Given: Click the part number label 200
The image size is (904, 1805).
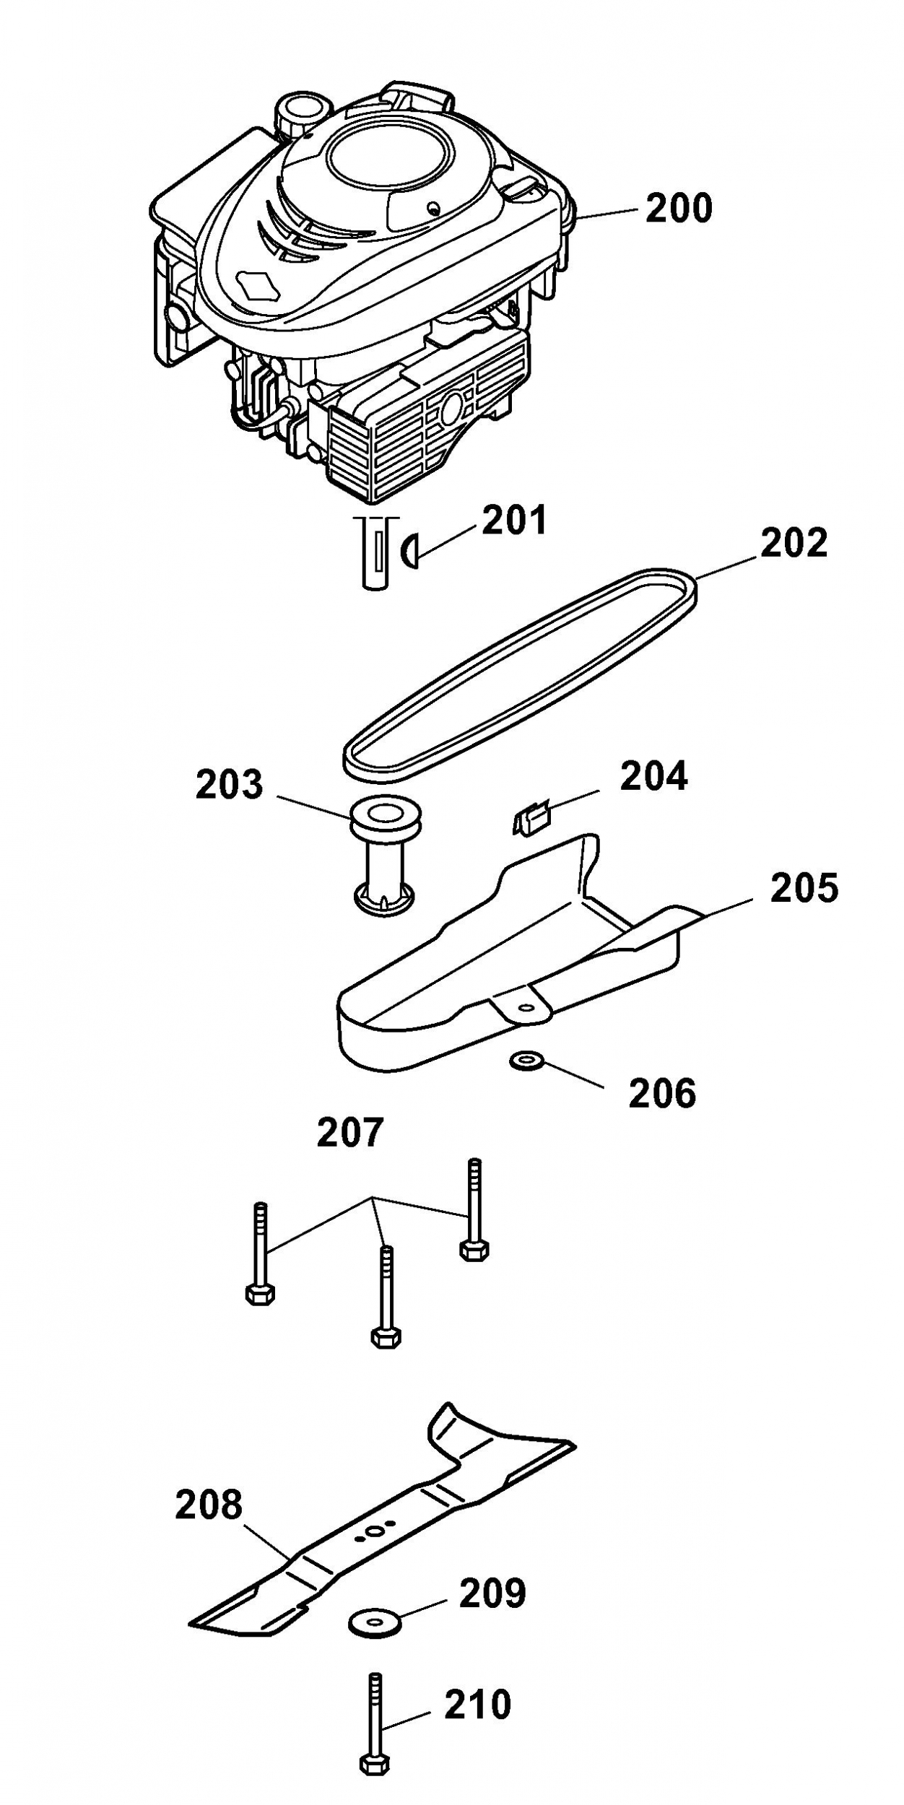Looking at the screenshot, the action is click(678, 208).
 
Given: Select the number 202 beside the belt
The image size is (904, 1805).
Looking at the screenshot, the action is click(794, 543).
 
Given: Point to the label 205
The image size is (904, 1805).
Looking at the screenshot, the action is click(804, 888).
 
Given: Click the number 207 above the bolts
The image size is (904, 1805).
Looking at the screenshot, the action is click(350, 1132).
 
